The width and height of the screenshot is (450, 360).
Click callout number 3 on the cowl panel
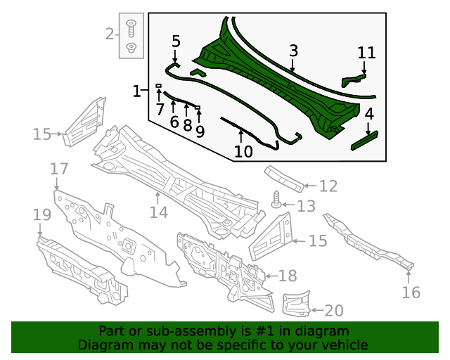(x=293, y=51)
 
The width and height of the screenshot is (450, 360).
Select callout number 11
(x=366, y=53)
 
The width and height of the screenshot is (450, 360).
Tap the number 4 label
(x=368, y=113)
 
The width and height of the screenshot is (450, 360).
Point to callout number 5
(x=176, y=41)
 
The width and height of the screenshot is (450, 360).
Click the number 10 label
(x=243, y=151)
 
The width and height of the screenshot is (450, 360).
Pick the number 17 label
(x=59, y=169)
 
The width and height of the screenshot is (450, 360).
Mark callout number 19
(x=41, y=214)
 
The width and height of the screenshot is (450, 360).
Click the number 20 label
(x=334, y=311)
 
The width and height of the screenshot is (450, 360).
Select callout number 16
(x=411, y=292)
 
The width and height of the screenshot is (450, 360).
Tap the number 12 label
(x=328, y=186)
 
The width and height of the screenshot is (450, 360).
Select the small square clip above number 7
(x=159, y=86)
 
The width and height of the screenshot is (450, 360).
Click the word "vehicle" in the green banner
(x=344, y=345)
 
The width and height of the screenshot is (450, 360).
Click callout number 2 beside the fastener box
(x=110, y=33)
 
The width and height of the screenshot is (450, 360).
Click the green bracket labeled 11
(x=354, y=77)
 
